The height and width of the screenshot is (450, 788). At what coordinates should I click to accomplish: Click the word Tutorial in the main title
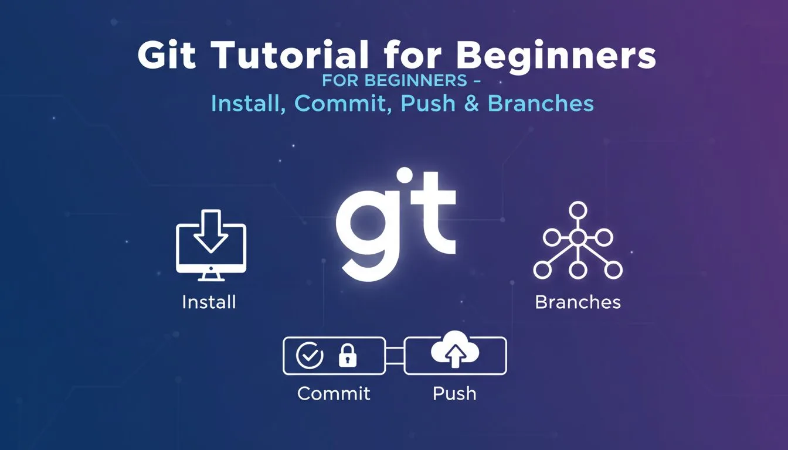click(290, 54)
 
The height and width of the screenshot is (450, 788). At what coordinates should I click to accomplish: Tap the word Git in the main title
click(167, 54)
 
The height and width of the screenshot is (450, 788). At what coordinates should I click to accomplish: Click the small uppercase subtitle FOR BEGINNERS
click(395, 80)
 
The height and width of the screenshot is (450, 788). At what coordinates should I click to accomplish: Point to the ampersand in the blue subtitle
click(471, 103)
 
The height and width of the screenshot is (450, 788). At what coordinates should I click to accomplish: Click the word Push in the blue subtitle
click(428, 103)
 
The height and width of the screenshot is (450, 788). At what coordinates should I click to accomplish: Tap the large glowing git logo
click(396, 225)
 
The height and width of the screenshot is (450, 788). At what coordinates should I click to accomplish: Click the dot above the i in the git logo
click(404, 176)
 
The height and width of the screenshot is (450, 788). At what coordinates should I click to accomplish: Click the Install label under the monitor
click(209, 302)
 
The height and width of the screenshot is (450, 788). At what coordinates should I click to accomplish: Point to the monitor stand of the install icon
click(210, 278)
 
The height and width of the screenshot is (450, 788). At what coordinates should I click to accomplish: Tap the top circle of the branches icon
click(578, 210)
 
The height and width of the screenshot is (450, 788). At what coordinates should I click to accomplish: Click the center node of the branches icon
click(578, 238)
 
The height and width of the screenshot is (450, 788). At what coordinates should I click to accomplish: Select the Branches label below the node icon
click(578, 302)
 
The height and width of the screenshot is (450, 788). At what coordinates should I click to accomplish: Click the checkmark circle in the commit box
click(310, 356)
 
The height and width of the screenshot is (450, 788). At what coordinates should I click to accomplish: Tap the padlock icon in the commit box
click(347, 356)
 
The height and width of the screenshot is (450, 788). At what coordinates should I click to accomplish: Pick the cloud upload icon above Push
click(455, 349)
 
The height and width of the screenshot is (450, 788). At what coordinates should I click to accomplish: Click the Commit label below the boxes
click(334, 393)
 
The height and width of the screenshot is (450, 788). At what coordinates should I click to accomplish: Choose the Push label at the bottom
click(454, 393)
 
